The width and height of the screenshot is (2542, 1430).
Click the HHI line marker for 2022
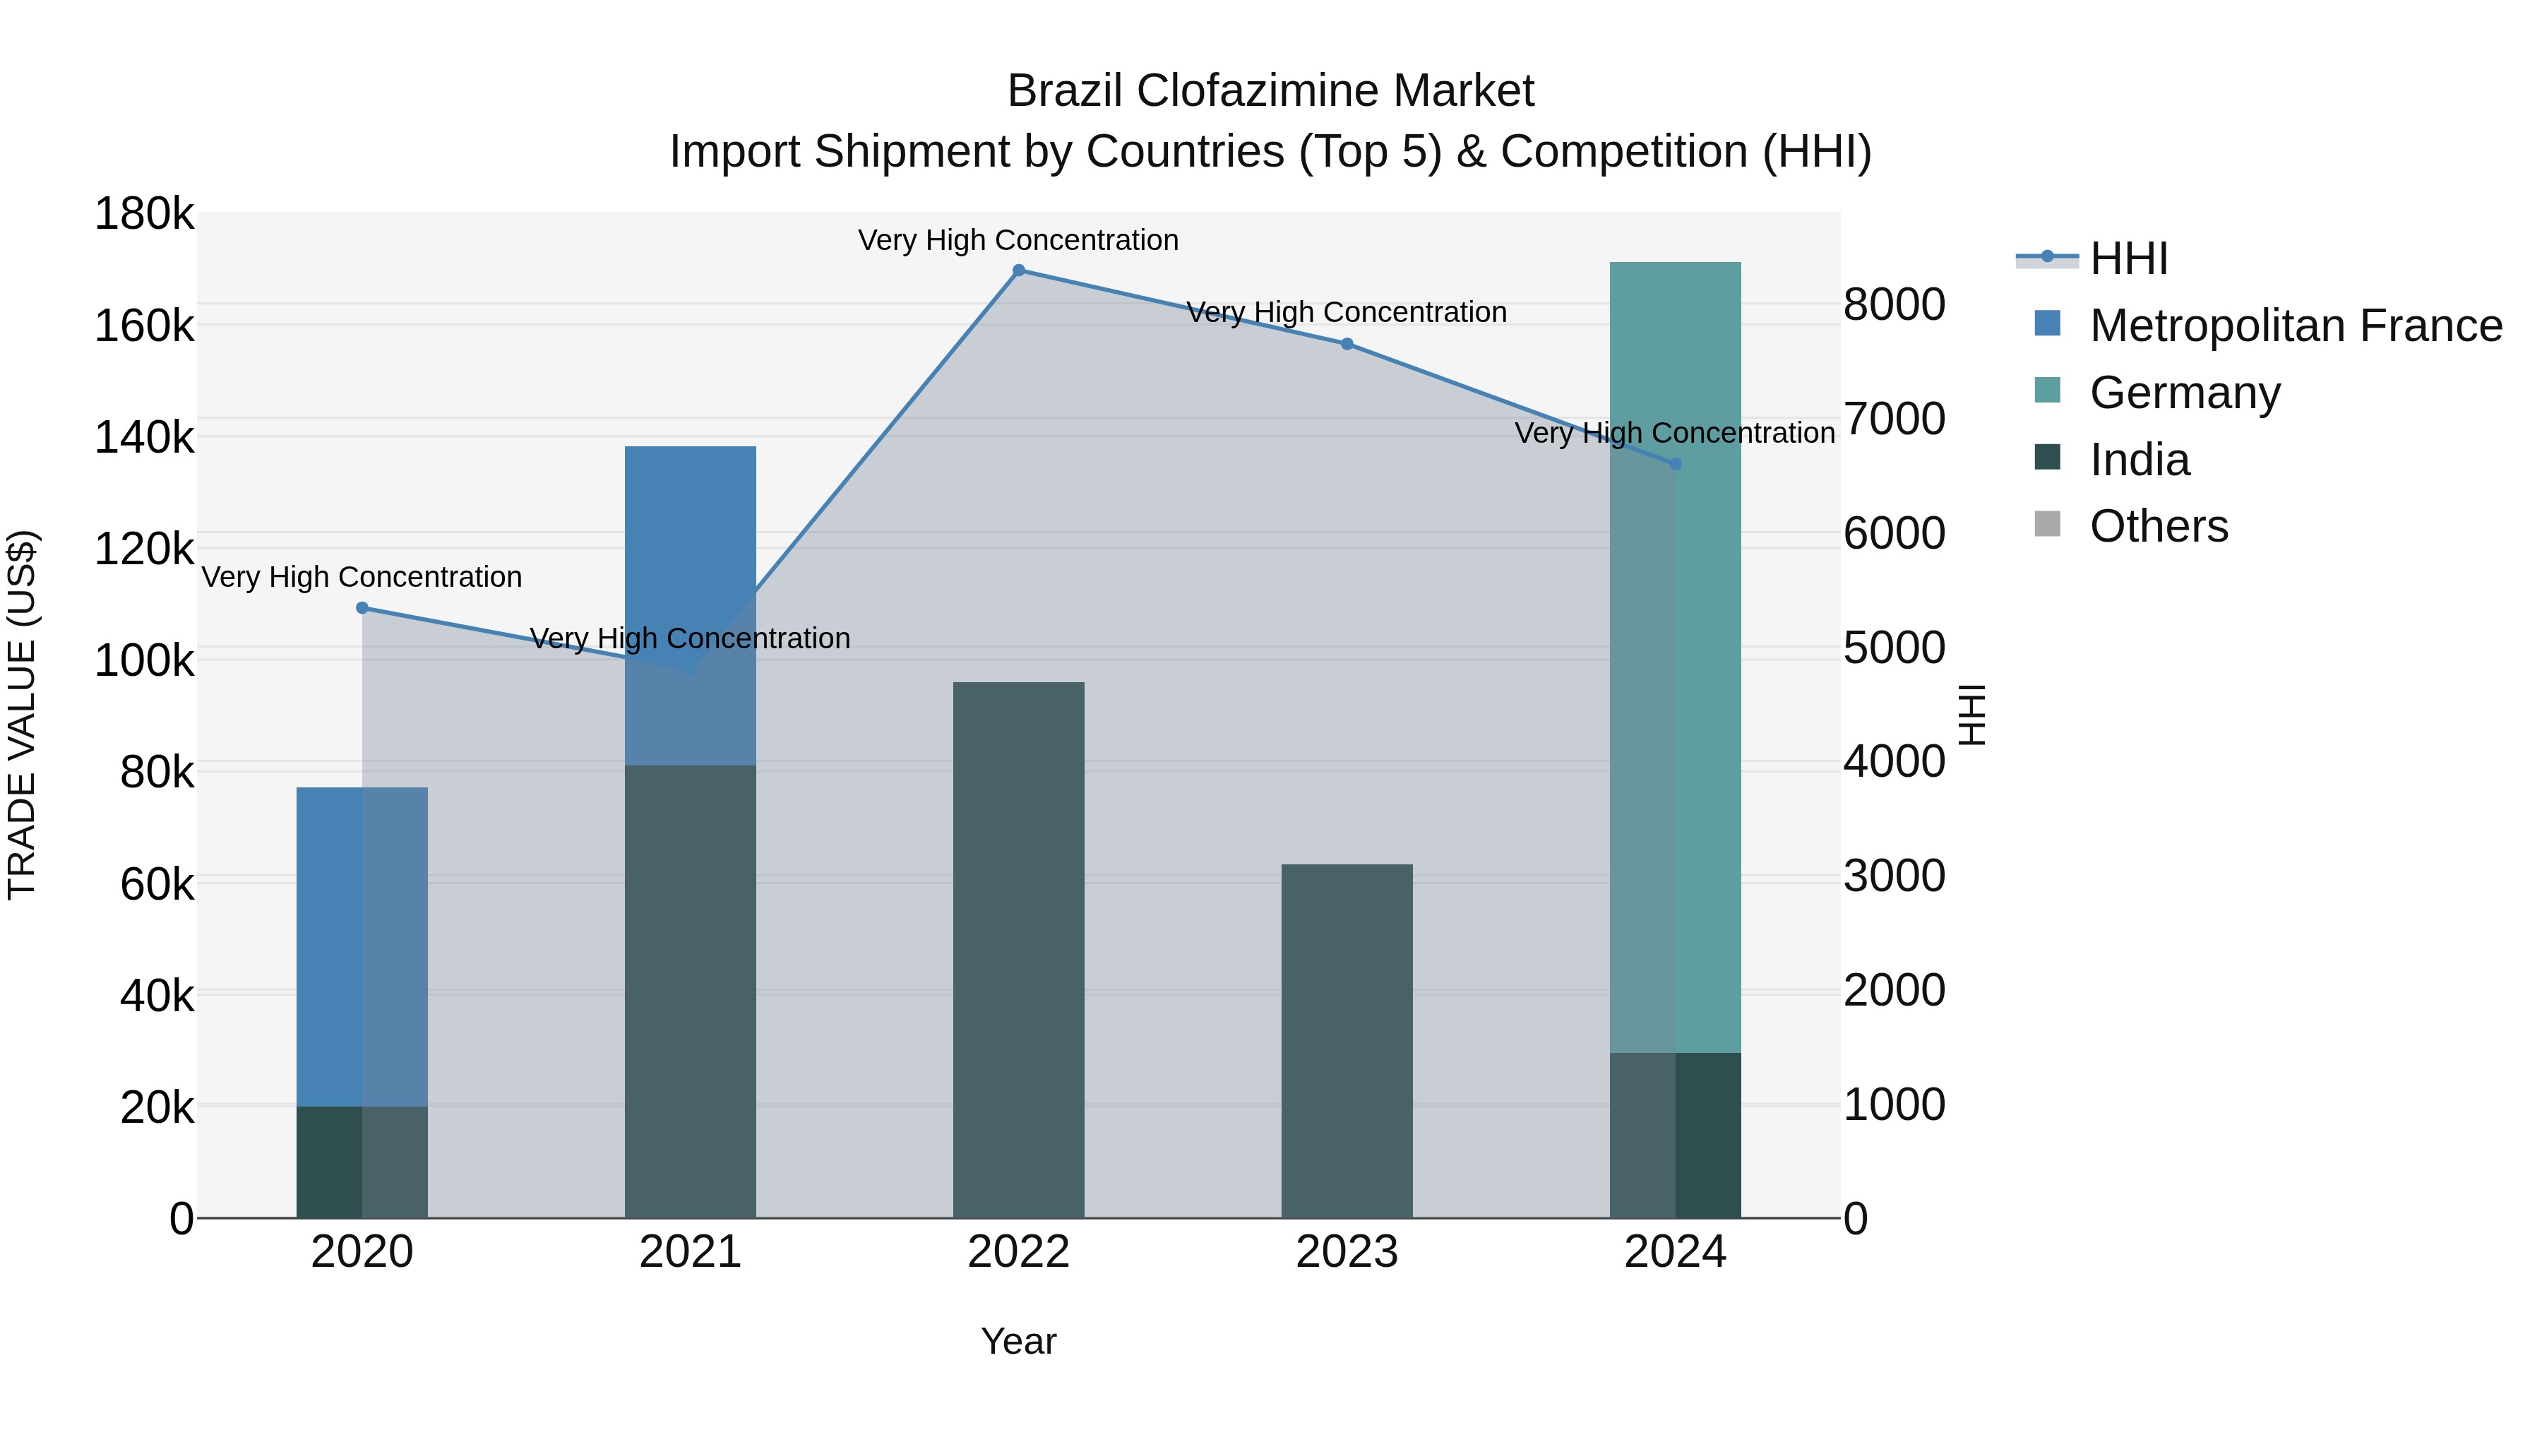[x=1018, y=270]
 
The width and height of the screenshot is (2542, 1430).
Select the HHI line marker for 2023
[x=1347, y=345]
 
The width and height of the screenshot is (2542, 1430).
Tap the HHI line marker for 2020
[x=362, y=608]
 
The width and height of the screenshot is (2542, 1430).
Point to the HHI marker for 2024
[x=1675, y=464]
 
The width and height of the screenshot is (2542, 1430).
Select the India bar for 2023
[x=1347, y=1041]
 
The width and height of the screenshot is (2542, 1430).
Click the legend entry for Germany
[x=2185, y=393]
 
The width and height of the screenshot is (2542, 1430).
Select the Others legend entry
[x=2158, y=526]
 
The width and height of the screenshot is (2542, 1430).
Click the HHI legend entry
[x=2128, y=258]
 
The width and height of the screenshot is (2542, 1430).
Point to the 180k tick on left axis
[x=144, y=214]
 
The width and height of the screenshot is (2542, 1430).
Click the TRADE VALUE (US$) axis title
[x=22, y=715]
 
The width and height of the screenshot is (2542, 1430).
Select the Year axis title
[x=1018, y=1341]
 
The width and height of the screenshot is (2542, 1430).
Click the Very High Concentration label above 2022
[x=1018, y=240]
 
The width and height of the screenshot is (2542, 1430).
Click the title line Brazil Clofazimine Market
[x=1270, y=91]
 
